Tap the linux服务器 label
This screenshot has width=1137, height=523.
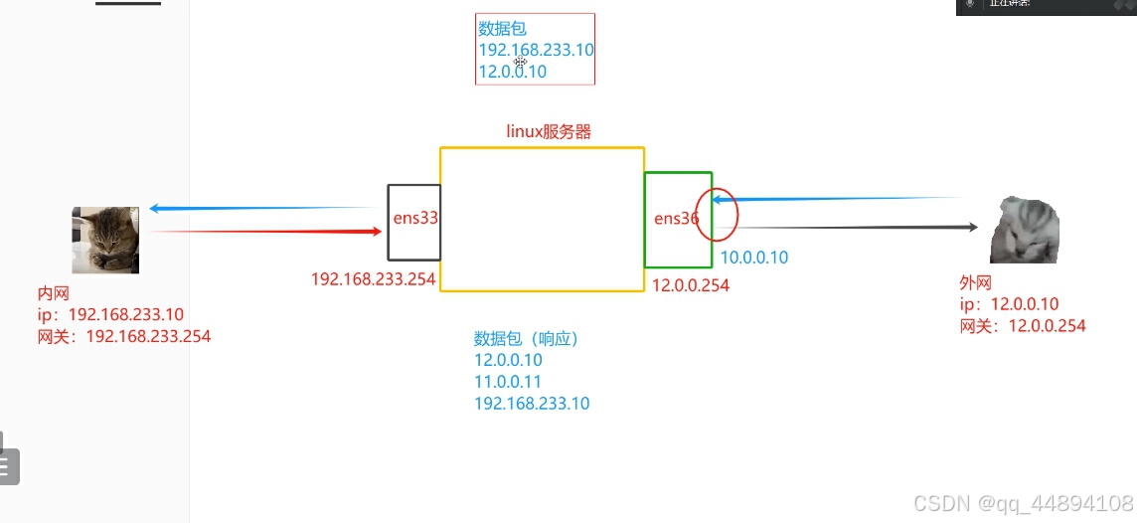click(x=550, y=131)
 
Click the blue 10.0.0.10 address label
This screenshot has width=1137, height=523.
click(x=753, y=258)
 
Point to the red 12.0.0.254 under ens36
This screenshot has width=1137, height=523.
click(x=690, y=285)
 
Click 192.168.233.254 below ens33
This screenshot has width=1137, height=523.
click(x=373, y=279)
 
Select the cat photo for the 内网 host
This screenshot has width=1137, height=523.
click(x=104, y=240)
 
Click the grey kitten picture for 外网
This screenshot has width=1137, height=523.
click(x=1025, y=230)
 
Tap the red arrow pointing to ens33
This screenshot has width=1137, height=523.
click(x=268, y=232)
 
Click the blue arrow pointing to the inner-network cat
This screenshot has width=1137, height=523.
click(x=258, y=208)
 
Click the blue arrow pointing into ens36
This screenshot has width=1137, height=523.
click(x=845, y=199)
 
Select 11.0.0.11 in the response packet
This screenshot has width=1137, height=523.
click(x=508, y=382)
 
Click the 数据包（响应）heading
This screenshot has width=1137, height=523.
click(x=526, y=338)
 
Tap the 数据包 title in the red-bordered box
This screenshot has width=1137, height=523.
click(x=502, y=29)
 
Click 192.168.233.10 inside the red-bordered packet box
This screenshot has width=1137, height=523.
click(x=536, y=50)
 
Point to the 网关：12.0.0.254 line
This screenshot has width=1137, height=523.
click(x=1022, y=325)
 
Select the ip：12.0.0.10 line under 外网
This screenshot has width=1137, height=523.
click(x=1009, y=304)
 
